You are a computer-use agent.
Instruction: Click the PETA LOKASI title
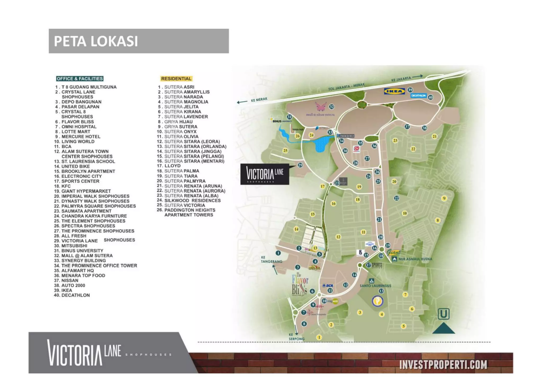point(96,41)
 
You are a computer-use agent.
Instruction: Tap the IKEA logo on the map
point(394,91)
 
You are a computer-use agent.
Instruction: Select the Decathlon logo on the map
point(418,96)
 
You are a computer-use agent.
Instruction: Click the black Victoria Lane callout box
point(265,174)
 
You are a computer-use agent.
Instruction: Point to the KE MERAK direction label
point(259,100)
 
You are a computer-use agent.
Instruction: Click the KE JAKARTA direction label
point(401,79)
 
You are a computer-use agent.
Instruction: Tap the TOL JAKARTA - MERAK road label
point(346,87)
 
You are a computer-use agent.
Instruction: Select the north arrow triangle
point(444,328)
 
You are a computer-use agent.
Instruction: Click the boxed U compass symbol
point(444,314)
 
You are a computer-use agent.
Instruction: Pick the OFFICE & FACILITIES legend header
point(80,79)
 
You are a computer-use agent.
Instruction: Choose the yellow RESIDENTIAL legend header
point(176,79)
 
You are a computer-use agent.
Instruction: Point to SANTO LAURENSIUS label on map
point(375,286)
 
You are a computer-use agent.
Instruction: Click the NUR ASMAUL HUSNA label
point(415,259)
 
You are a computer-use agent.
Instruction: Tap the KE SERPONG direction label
point(296,337)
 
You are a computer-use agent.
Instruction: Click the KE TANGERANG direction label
point(272,259)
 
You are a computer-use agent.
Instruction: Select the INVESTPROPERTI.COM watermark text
point(443,365)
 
